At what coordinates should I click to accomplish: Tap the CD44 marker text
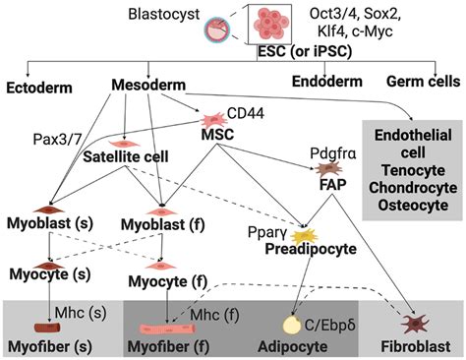tap(244, 113)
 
